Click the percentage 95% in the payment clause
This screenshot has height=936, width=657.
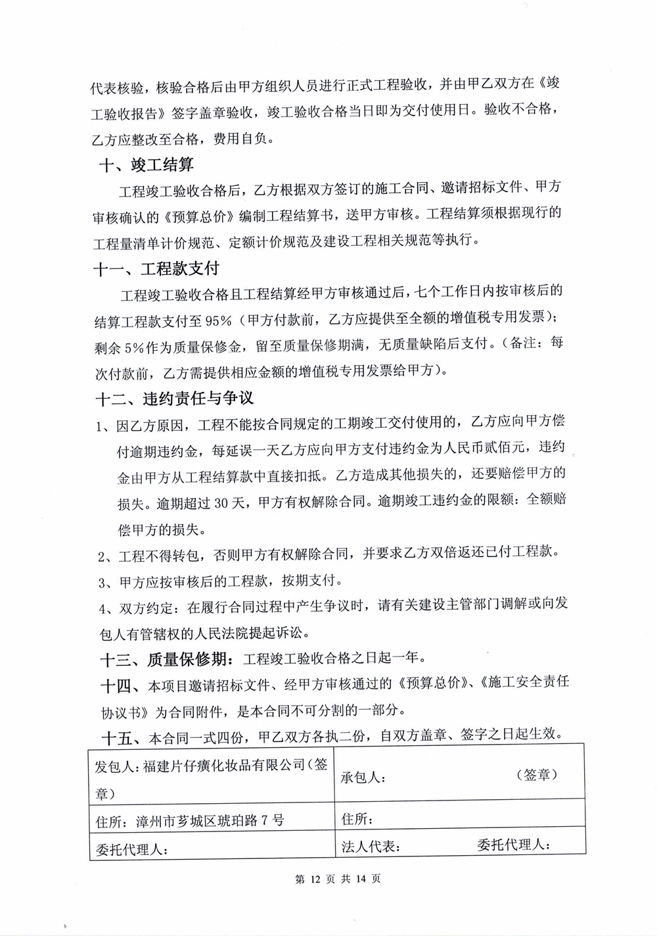(x=218, y=320)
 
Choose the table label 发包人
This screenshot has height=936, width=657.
(x=116, y=766)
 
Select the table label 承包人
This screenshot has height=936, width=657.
(x=363, y=777)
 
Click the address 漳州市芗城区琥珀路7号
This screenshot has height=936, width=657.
(x=210, y=820)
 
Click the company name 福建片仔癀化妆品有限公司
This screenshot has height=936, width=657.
(x=223, y=765)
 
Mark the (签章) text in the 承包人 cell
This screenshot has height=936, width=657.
(x=537, y=774)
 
